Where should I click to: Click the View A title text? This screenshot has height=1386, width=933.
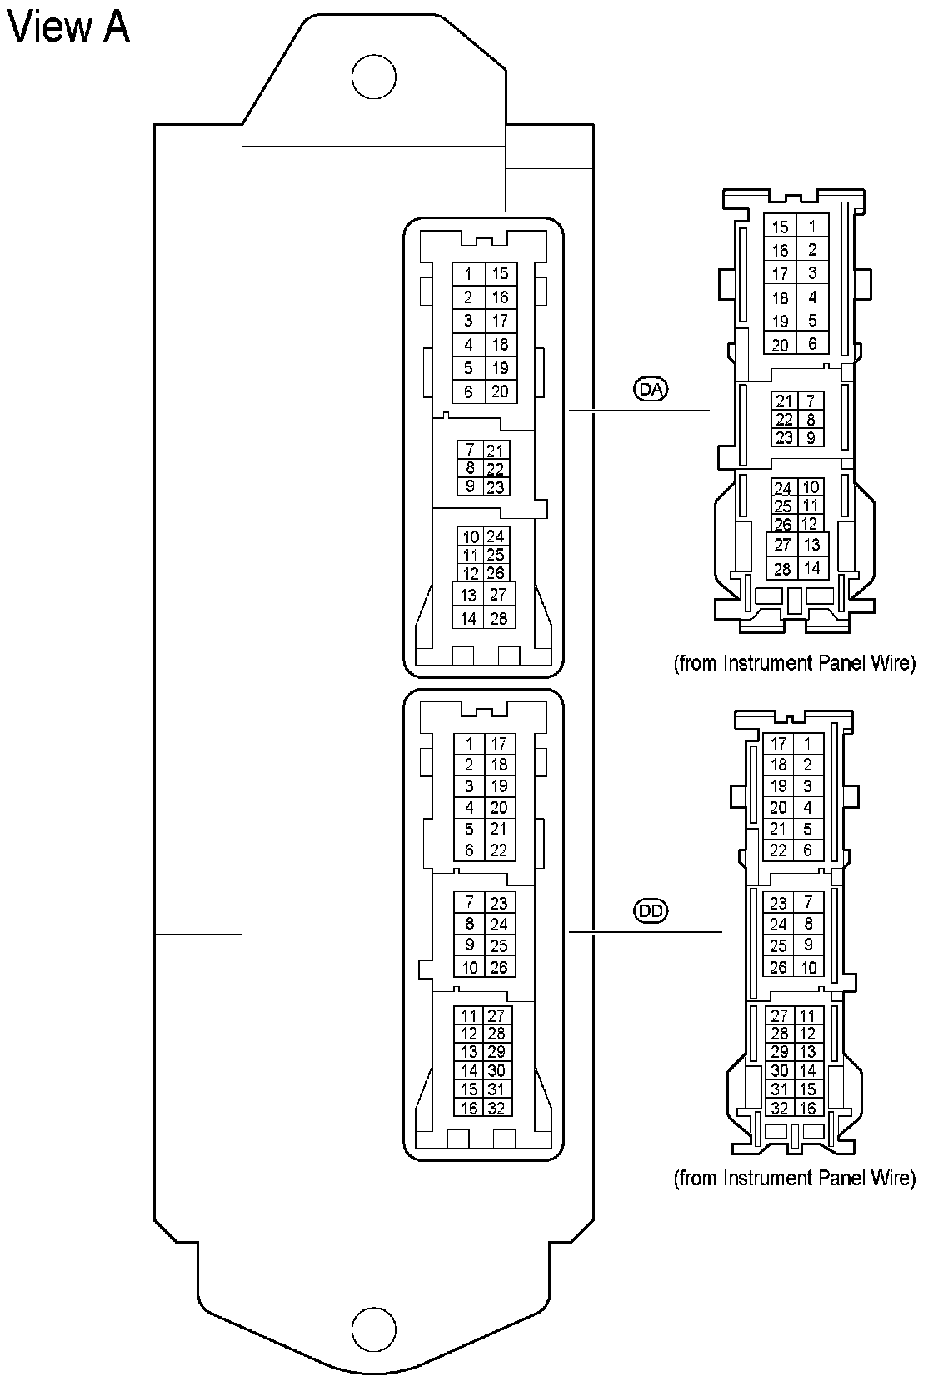(x=68, y=27)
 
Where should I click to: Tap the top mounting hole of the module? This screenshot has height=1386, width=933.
(x=373, y=77)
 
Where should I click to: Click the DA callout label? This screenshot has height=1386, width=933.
(x=651, y=389)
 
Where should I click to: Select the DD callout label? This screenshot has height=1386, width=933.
(x=651, y=910)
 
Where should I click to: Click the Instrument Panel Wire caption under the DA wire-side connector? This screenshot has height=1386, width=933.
(x=794, y=663)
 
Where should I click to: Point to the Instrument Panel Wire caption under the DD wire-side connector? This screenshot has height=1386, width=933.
(x=794, y=1178)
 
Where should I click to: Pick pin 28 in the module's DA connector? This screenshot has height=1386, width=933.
(x=499, y=618)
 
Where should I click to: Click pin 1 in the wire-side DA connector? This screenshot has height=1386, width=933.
(x=812, y=226)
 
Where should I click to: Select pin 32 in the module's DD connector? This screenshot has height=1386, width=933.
(x=497, y=1108)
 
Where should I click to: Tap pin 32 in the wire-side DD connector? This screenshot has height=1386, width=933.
(x=780, y=1108)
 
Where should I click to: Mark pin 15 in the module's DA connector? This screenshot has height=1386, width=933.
(x=500, y=273)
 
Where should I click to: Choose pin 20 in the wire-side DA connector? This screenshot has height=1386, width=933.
(x=780, y=345)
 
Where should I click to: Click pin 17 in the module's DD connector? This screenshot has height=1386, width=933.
(x=499, y=744)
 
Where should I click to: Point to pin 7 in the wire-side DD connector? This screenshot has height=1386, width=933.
(x=807, y=902)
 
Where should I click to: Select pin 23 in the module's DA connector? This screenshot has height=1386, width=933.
(x=496, y=487)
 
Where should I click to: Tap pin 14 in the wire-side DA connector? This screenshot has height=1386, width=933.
(x=812, y=569)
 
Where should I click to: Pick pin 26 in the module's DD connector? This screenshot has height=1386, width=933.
(x=499, y=967)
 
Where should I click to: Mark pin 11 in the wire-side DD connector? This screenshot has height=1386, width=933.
(x=807, y=1015)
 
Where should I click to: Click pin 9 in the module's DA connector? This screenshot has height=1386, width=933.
(x=470, y=486)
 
